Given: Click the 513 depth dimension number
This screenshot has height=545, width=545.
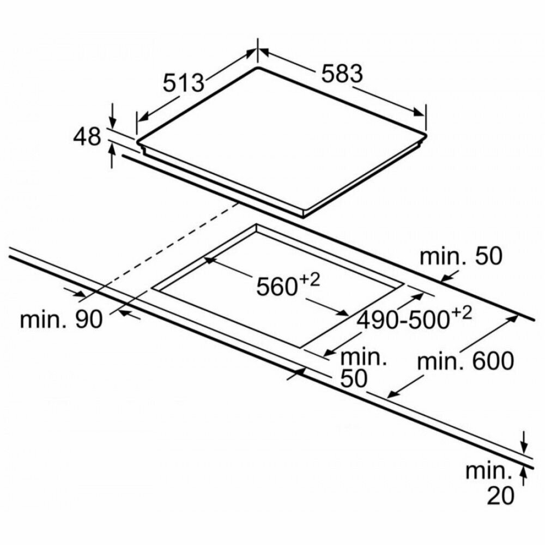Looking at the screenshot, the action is tap(183, 82).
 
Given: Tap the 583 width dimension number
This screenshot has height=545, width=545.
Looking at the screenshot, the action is tap(341, 74).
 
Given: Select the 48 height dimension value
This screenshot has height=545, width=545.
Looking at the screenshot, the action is tap(87, 136).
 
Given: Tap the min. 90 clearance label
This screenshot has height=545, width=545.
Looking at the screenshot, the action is tap(61, 320).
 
